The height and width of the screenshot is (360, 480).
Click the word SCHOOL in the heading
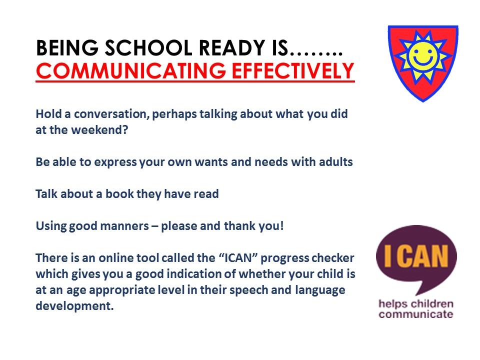click(x=149, y=48)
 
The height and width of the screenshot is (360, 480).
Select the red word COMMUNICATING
click(x=131, y=70)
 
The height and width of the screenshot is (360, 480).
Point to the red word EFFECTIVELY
click(x=293, y=70)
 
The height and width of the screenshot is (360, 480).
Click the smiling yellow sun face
click(x=423, y=57)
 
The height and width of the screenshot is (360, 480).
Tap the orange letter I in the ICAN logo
click(x=387, y=256)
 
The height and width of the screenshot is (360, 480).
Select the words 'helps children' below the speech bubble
click(x=415, y=304)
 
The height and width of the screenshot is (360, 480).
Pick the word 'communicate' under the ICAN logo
click(x=415, y=314)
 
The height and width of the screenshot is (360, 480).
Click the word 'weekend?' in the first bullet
click(x=99, y=130)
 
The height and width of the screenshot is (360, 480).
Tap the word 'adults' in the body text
click(x=336, y=161)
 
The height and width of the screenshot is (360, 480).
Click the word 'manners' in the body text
click(x=124, y=226)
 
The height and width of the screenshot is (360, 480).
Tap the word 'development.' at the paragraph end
click(x=74, y=306)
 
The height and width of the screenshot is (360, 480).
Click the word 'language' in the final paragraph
click(x=320, y=290)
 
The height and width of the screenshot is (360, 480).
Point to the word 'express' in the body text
click(x=115, y=162)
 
